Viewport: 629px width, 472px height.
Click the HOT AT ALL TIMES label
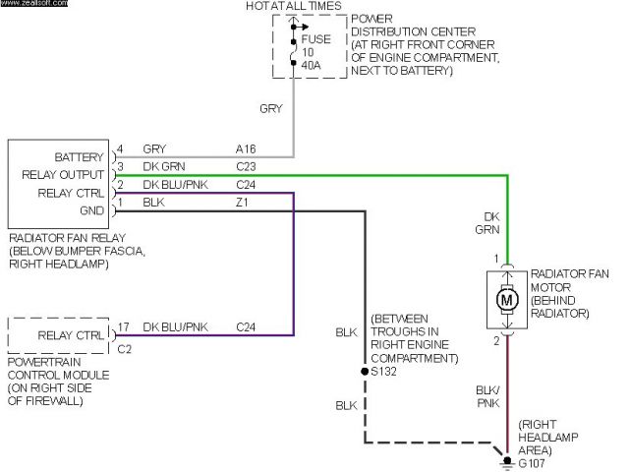(292, 7)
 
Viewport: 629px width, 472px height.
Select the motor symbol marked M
(507, 298)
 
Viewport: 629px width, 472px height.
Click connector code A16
(246, 149)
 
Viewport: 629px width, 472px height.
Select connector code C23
(246, 166)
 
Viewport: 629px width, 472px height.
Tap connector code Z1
(242, 202)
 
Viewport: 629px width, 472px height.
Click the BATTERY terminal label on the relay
(80, 157)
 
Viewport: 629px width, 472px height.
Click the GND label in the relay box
(90, 209)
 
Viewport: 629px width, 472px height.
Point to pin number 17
(122, 326)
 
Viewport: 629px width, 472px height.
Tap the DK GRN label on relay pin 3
(163, 166)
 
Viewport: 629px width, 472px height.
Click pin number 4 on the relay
(119, 149)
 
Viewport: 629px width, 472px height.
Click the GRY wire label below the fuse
(271, 108)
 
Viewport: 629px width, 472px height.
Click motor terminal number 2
(496, 340)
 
